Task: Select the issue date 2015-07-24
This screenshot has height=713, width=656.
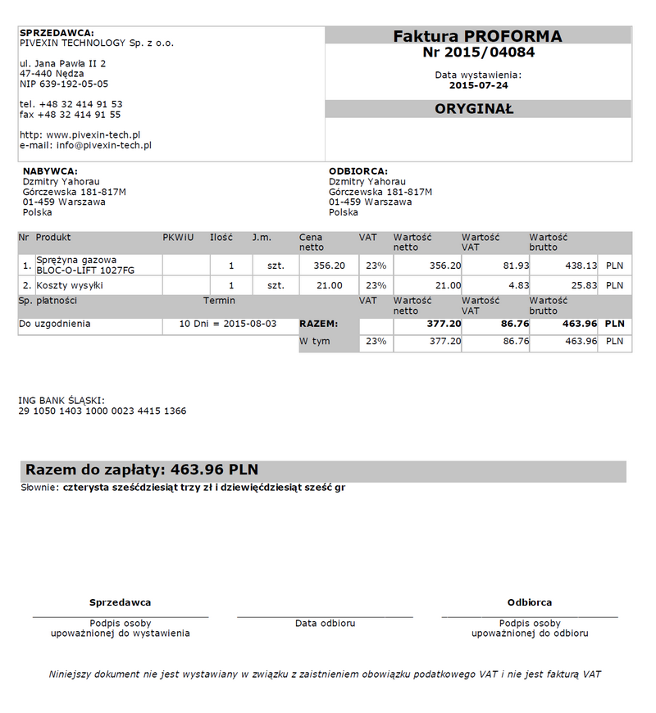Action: tap(479, 85)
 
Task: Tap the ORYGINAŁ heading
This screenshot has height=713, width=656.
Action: tap(474, 109)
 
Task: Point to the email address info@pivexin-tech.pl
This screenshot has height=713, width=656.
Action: tap(104, 145)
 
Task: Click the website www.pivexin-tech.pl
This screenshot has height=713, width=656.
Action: tap(93, 134)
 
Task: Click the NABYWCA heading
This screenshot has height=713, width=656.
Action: tap(50, 171)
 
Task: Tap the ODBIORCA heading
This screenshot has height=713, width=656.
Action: tap(358, 171)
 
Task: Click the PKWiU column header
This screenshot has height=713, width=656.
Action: tap(178, 238)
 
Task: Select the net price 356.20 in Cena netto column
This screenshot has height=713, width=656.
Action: tap(330, 266)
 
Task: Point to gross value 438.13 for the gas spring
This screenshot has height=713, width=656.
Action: tap(581, 266)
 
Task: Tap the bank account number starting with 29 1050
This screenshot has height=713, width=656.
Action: tap(102, 411)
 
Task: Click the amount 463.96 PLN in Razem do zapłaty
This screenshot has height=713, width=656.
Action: tap(213, 470)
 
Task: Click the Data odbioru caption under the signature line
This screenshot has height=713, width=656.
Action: tap(326, 624)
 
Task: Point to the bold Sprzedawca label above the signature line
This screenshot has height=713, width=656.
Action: tap(120, 602)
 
